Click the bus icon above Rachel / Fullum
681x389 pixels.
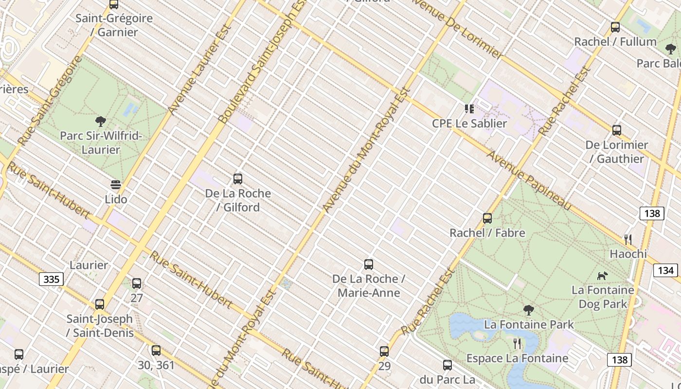615,27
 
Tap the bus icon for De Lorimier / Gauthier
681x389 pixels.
617,130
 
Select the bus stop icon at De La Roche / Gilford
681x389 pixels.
238,179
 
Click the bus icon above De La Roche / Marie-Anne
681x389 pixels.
369,265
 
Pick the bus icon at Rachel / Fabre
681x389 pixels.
487,218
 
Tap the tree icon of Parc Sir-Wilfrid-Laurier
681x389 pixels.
101,121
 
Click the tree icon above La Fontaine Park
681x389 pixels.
528,310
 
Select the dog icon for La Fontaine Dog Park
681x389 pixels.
603,276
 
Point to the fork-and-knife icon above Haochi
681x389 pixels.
628,239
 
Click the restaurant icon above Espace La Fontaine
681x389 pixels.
517,344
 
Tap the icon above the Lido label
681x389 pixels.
116,185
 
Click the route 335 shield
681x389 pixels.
51,279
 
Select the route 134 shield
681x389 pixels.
666,270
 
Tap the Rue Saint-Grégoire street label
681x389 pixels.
50,101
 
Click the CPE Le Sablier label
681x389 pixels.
469,124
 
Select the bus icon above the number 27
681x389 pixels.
137,283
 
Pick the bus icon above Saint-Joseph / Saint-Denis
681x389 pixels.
100,305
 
